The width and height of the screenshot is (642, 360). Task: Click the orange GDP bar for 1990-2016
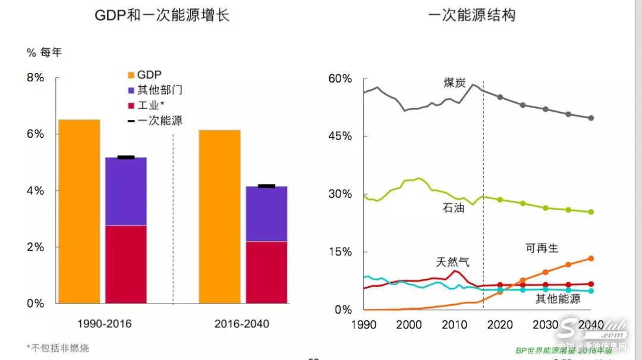click(79, 211)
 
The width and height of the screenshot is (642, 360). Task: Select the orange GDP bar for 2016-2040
click(219, 216)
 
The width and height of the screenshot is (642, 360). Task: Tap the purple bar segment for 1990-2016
click(125, 191)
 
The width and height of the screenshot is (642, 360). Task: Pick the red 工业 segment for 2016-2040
click(266, 272)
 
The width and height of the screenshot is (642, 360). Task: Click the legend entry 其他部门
click(155, 90)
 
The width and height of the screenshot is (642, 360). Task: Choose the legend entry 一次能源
click(155, 121)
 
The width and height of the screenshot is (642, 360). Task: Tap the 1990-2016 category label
click(105, 324)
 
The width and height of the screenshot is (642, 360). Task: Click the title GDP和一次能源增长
click(162, 15)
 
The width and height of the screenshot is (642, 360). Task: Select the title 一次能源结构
click(471, 15)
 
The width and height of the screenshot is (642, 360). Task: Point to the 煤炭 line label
click(454, 83)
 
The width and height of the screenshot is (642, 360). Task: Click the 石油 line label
click(454, 209)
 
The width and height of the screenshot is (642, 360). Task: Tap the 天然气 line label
click(452, 262)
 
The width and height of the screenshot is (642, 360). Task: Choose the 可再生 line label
click(542, 248)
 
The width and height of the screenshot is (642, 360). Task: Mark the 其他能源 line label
click(558, 299)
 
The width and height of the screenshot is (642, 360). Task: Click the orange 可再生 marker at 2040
click(591, 258)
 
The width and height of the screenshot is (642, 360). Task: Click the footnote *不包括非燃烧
click(58, 348)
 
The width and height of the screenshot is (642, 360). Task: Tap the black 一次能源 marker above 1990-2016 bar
click(125, 157)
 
